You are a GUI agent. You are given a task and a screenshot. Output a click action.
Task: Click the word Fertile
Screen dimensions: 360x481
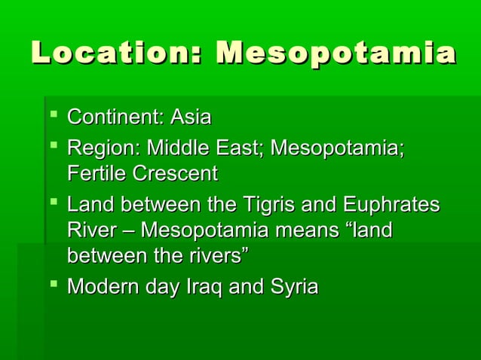pos(96,173)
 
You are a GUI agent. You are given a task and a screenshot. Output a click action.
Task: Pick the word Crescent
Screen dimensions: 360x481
pos(174,173)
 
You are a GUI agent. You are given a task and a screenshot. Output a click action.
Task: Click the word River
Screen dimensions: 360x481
pos(89,230)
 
